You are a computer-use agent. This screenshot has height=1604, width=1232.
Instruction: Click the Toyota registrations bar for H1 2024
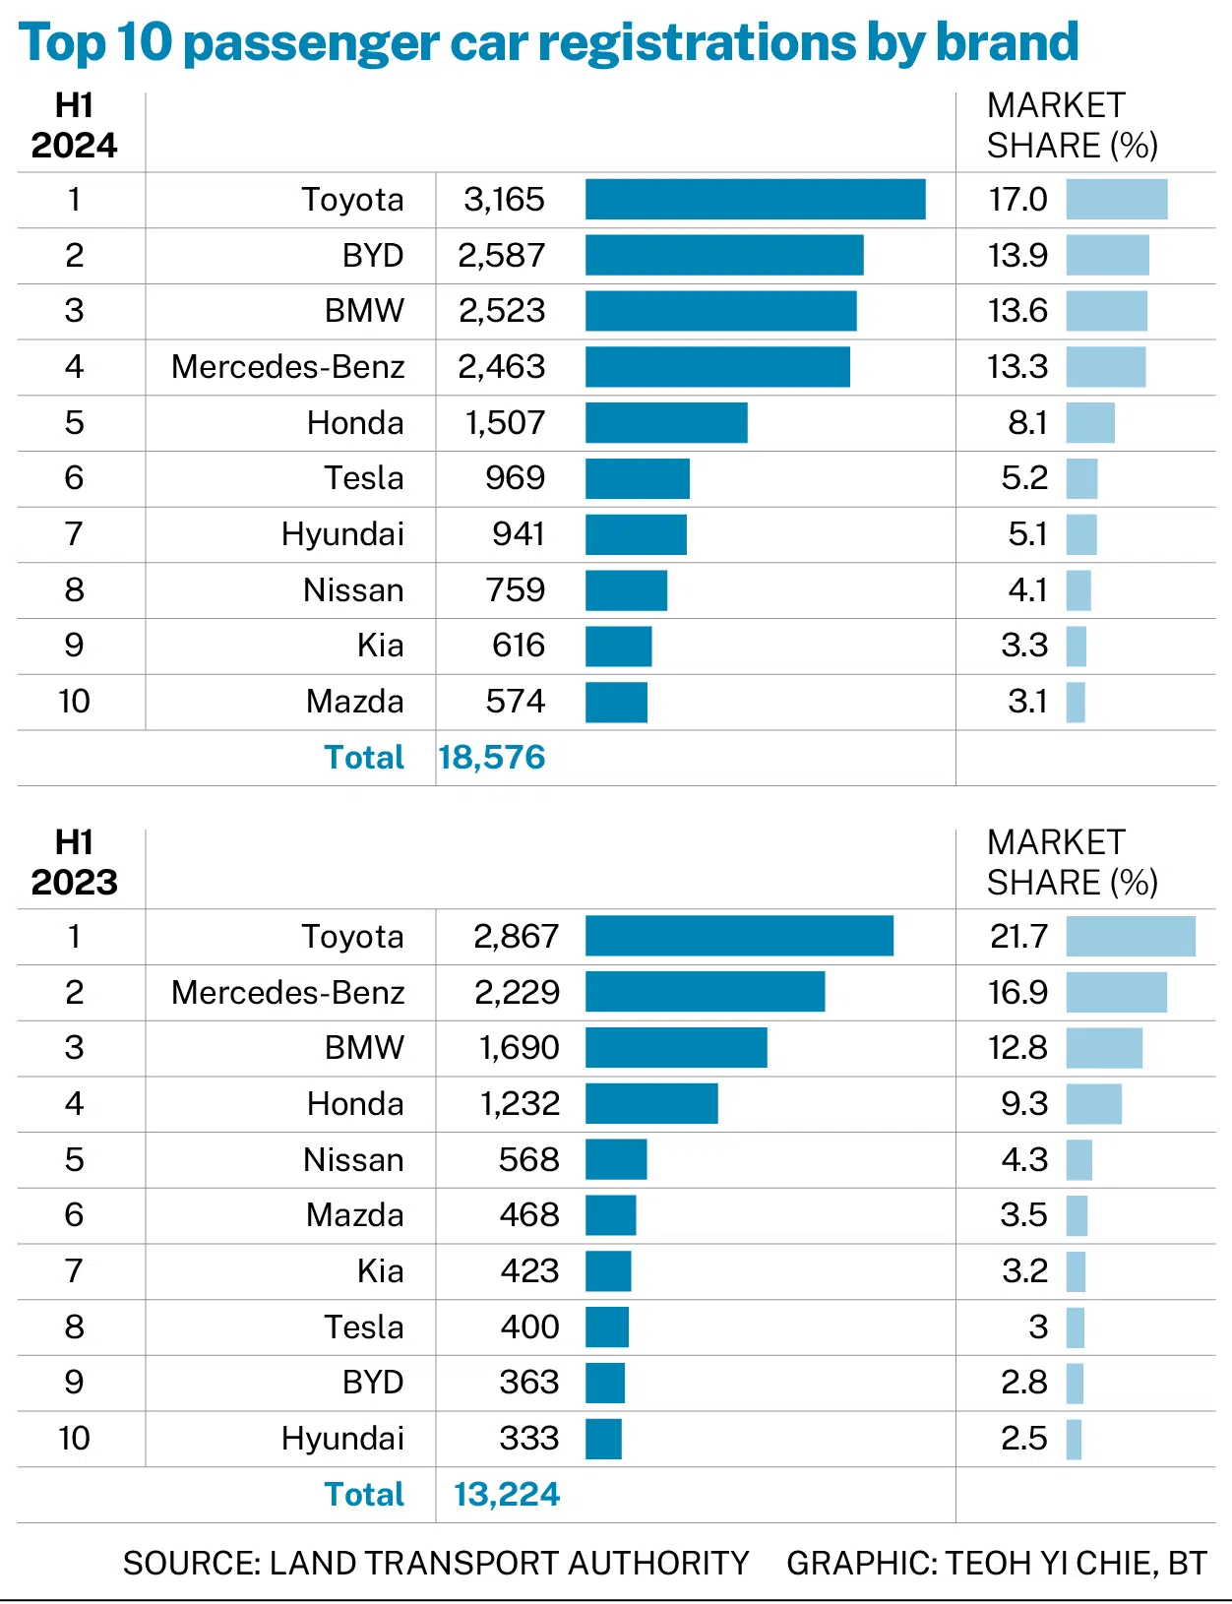pos(755,200)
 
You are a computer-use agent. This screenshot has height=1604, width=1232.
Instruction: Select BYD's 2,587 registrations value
pos(501,256)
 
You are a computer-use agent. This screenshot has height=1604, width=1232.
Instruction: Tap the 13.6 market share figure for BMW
pos(1017,311)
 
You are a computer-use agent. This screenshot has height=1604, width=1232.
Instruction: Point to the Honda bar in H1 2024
pos(666,423)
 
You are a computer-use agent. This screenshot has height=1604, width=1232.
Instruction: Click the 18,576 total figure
pos(492,758)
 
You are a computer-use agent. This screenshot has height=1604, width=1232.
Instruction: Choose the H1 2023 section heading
pos(75,862)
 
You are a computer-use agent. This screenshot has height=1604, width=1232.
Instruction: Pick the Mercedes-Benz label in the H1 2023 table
pos(288,992)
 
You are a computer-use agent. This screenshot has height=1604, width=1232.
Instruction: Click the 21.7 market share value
pos(1018,937)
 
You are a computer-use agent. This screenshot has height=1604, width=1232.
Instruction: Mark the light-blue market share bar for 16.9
pos(1117,992)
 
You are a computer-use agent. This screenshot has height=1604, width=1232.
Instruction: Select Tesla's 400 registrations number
pos(530,1326)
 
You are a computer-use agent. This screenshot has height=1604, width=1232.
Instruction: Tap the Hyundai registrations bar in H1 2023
pos(604,1439)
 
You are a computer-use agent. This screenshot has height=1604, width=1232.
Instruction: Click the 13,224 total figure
pos(507,1494)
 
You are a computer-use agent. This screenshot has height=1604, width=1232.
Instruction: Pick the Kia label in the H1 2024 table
pos(381,646)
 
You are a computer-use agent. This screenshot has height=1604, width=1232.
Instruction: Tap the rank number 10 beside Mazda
pos(75,702)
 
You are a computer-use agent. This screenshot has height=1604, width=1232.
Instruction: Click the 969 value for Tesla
pos(516,478)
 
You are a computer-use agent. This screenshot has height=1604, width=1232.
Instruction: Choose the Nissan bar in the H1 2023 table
pos(616,1159)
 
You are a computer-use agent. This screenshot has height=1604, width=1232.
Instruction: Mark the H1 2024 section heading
pos(75,126)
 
